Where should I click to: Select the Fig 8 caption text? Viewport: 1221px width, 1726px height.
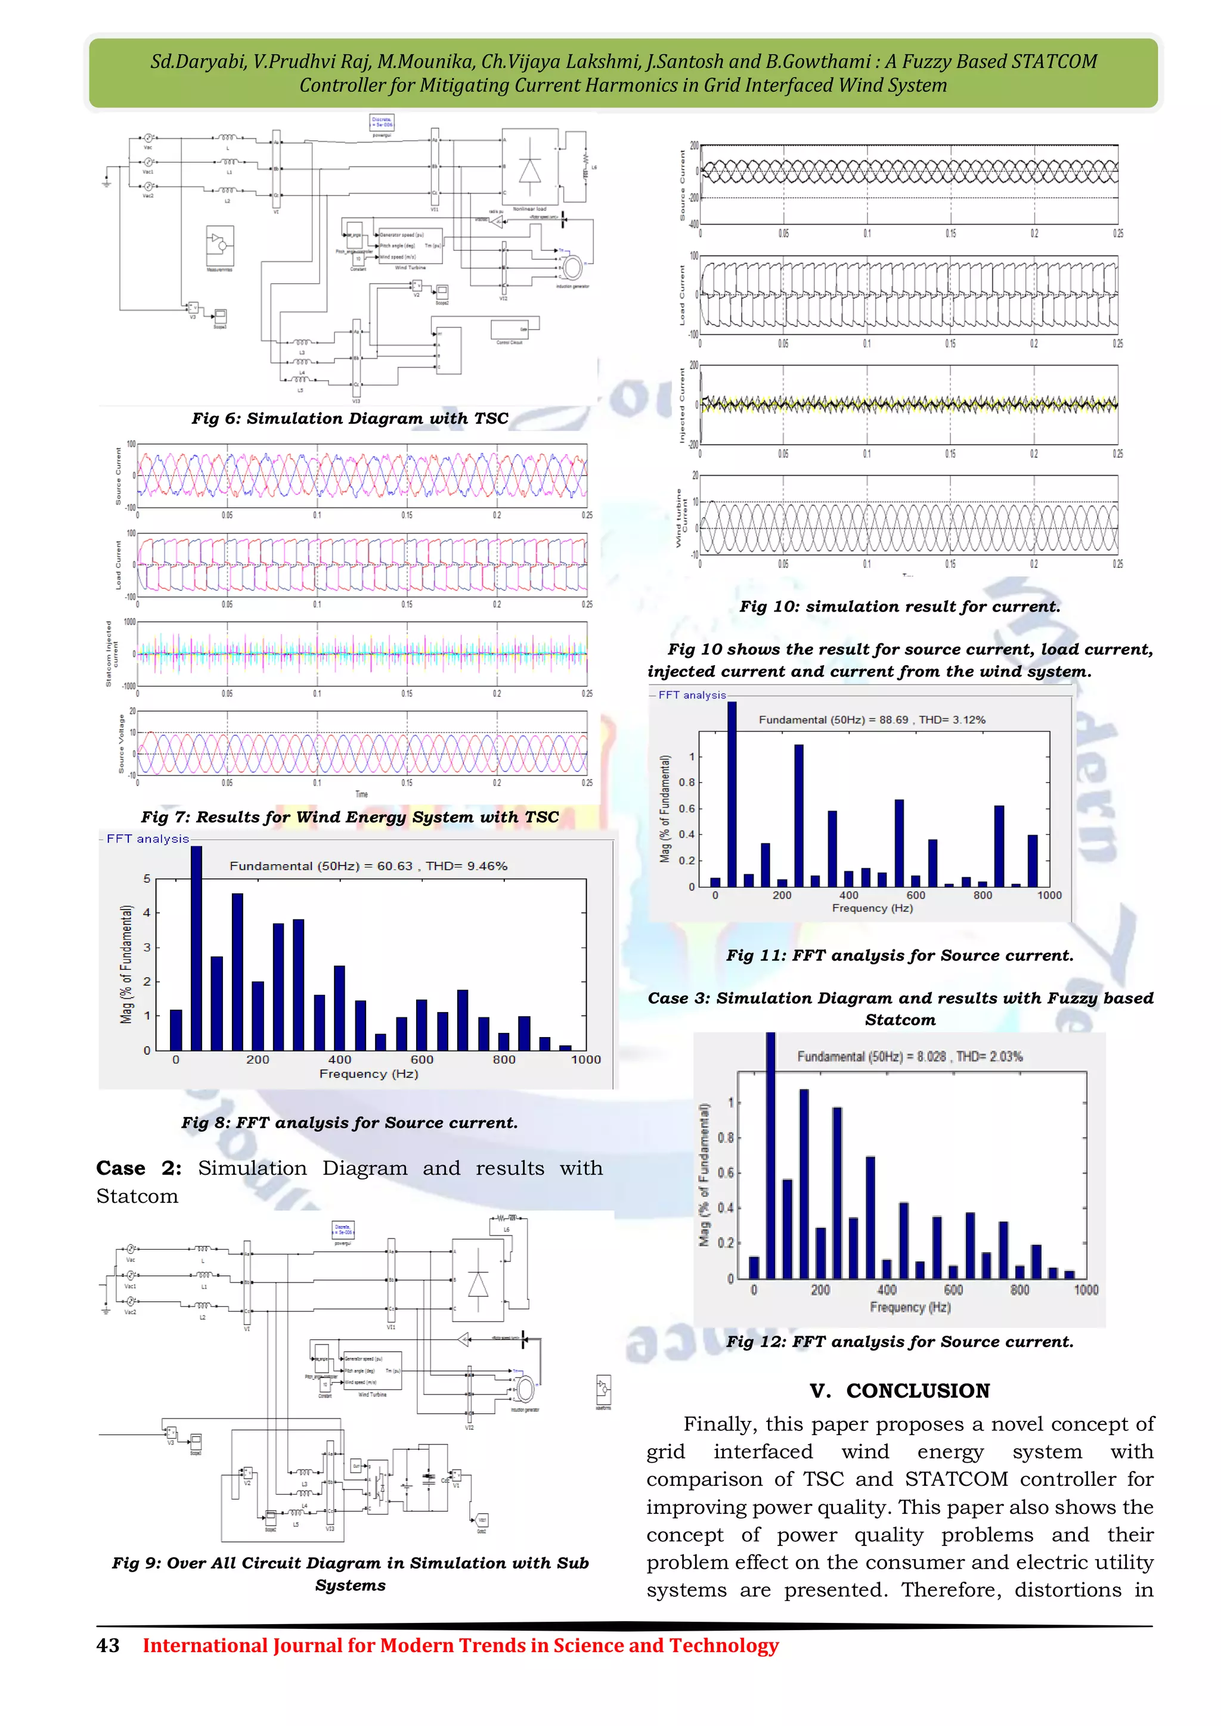coord(349,1122)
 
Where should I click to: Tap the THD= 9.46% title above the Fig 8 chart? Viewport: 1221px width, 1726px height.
coord(466,866)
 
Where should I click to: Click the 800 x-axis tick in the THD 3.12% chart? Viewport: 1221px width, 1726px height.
coord(983,895)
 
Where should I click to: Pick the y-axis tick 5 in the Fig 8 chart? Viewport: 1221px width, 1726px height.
coord(147,878)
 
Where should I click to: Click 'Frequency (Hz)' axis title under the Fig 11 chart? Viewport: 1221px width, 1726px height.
coord(872,908)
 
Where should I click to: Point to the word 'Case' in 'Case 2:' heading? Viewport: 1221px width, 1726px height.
coord(120,1168)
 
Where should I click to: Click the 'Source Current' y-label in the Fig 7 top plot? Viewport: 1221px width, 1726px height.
coord(118,476)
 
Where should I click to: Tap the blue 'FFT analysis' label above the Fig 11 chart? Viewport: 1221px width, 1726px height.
coord(692,696)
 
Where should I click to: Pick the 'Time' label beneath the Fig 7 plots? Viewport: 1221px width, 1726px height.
coord(362,794)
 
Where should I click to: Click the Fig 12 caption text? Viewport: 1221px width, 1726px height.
coord(899,1342)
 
